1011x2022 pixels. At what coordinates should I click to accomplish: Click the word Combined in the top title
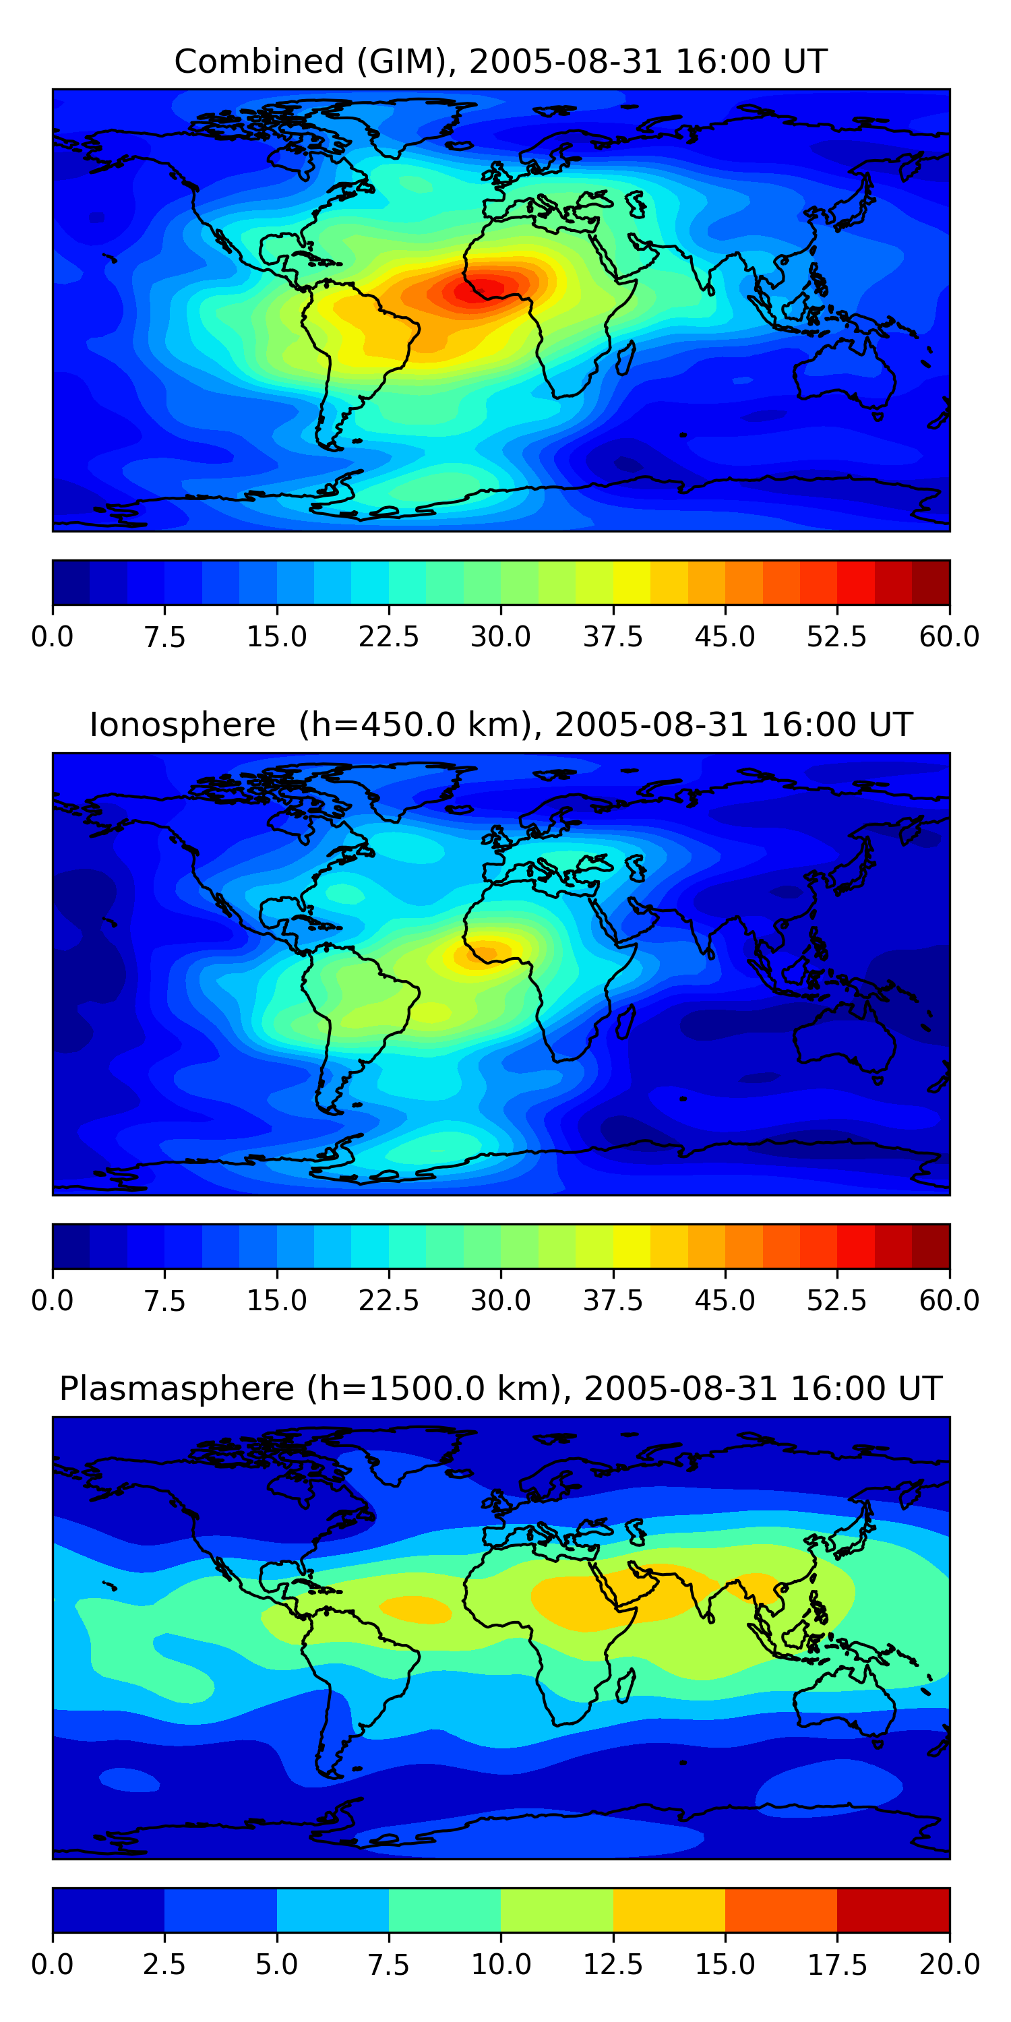point(259,61)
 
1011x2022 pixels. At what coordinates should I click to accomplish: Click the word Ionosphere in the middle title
point(182,725)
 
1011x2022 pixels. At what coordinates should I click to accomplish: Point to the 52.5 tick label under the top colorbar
point(836,636)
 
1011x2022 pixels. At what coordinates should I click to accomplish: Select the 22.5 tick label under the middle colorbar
point(388,1301)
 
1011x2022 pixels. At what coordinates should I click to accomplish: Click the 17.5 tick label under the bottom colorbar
point(836,1965)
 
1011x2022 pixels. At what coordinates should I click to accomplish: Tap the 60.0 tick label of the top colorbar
point(949,636)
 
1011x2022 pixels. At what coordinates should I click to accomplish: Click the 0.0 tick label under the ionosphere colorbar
point(53,1301)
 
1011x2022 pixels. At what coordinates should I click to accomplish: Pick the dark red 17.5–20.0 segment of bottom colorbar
point(893,1909)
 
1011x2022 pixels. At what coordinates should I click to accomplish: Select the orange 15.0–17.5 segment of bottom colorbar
point(781,1909)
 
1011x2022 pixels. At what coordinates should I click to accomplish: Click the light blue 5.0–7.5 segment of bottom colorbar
point(333,1909)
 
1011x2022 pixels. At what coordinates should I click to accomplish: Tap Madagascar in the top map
point(625,358)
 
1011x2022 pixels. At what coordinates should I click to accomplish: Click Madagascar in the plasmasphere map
point(625,1685)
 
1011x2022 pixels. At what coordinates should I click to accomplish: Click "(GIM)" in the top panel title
point(406,61)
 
